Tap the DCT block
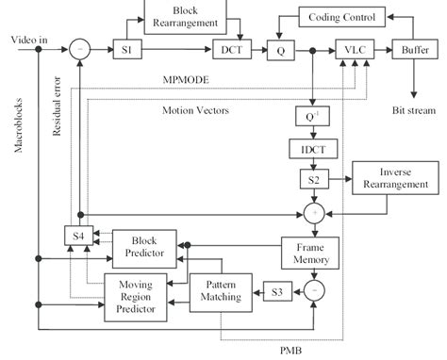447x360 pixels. click(x=230, y=50)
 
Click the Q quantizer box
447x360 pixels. click(x=280, y=50)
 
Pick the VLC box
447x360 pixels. click(x=352, y=50)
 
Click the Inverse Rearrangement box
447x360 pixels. click(x=395, y=177)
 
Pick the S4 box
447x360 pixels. click(x=75, y=235)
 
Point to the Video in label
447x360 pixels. click(x=31, y=41)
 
